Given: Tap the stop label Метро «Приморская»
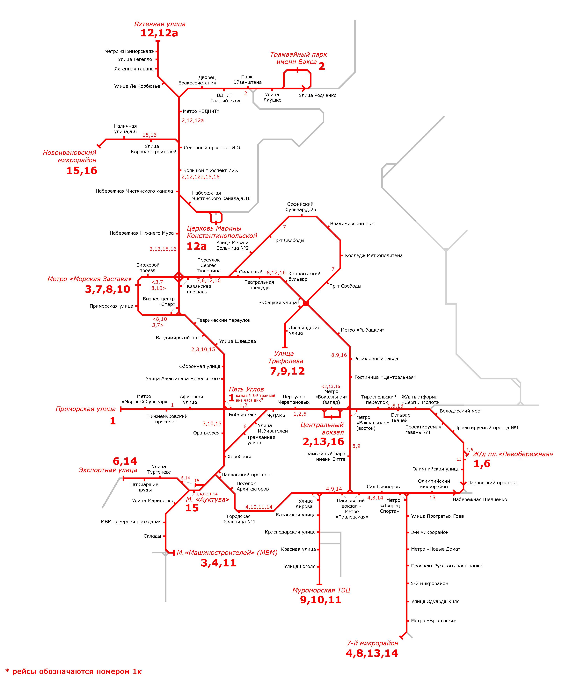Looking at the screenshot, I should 129,51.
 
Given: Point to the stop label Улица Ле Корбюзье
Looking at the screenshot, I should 137,86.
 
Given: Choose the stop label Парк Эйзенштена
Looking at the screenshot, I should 247,80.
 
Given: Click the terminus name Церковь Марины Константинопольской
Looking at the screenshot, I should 222,232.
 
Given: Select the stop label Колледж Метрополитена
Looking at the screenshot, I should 374,255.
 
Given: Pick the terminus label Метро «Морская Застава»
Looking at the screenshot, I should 89,279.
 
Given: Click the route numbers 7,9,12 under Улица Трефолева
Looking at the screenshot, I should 287,371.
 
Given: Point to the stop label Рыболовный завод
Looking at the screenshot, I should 376,359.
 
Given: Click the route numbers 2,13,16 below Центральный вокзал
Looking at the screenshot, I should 323,442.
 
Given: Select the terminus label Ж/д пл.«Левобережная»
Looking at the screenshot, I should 513,454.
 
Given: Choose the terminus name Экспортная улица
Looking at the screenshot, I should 108,470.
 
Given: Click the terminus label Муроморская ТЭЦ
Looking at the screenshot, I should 321,590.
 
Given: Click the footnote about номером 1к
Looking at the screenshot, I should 74,671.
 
